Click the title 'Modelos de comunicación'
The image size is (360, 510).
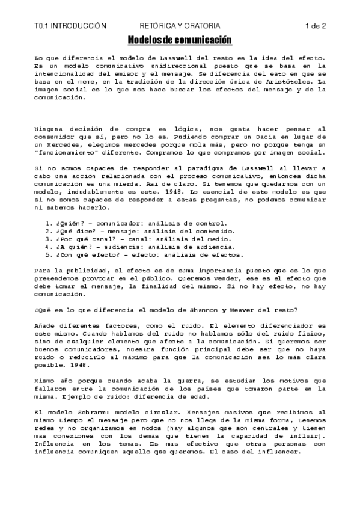point(180,40)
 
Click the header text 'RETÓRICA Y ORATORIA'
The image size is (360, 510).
point(180,26)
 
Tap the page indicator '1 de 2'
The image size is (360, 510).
point(315,26)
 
